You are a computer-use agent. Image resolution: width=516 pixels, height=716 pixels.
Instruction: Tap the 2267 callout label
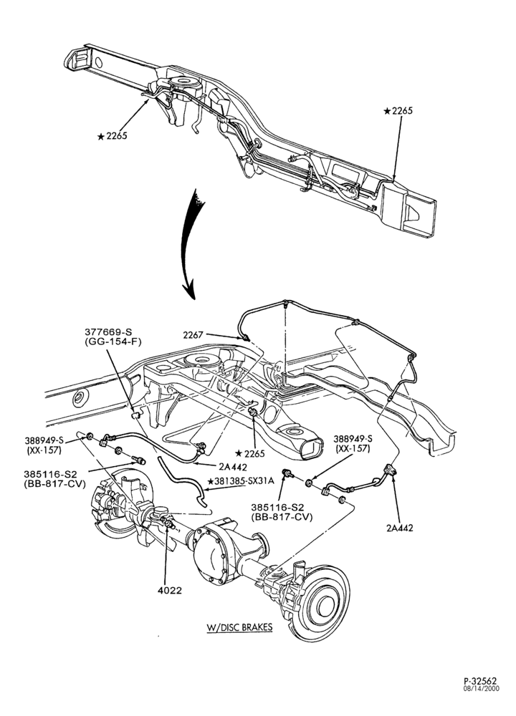193,334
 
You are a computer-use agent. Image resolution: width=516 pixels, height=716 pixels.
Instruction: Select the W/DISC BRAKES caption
239,626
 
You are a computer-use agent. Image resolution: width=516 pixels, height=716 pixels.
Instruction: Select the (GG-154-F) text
106,342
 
